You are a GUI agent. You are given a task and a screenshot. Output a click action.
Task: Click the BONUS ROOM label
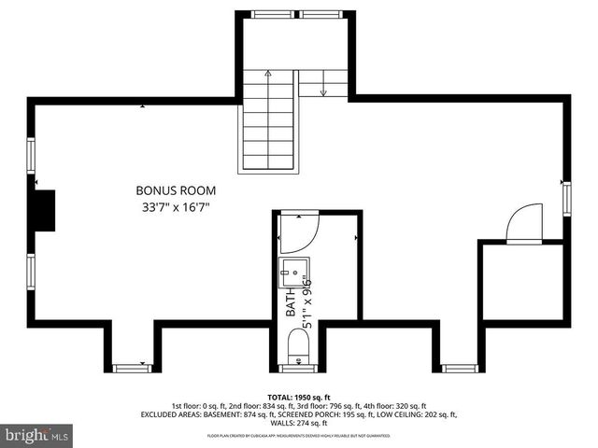coord(170,190)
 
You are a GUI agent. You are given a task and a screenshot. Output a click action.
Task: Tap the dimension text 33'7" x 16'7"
coord(170,207)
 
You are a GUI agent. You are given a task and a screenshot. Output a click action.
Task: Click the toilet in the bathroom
coord(298,346)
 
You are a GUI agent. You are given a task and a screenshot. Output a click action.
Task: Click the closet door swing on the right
coord(523,224)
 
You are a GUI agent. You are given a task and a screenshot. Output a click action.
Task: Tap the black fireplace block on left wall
coord(44,210)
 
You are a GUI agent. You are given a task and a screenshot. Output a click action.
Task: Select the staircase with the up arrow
coord(269,121)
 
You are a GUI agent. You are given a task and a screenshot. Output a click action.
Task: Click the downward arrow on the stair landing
coord(322,91)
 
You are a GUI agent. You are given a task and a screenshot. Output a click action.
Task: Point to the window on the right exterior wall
coord(566,199)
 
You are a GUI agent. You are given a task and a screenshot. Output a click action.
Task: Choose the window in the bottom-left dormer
coord(132,369)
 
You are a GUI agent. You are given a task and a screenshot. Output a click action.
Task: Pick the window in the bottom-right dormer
coord(460,369)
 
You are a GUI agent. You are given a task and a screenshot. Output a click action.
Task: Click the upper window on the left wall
coord(31,154)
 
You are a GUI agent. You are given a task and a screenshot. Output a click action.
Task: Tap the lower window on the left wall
coord(31,271)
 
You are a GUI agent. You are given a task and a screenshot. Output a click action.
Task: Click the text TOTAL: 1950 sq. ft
coord(299,397)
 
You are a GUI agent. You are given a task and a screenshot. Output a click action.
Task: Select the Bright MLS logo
coord(37,435)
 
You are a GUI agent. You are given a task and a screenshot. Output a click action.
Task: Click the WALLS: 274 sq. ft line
coord(299,423)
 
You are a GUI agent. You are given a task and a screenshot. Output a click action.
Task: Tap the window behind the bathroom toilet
coord(298,368)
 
